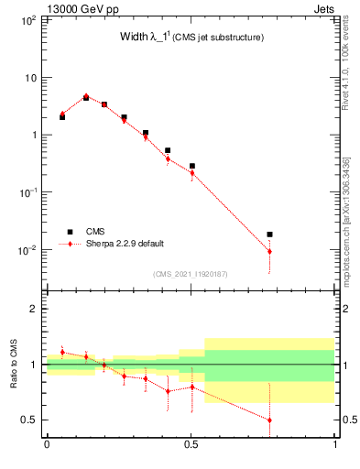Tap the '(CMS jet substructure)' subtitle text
pyautogui.click(x=220, y=38)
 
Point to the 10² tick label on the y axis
pyautogui.click(x=27, y=19)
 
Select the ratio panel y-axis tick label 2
pyautogui.click(x=32, y=309)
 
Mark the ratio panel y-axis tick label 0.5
pyautogui.click(x=27, y=420)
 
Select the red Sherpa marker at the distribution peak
pyautogui.click(x=86, y=95)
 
